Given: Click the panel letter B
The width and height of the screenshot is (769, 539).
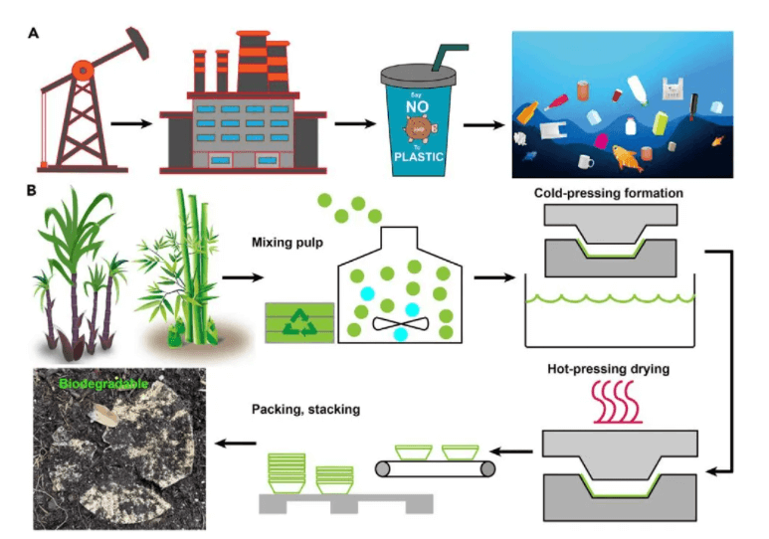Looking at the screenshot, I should (34, 189).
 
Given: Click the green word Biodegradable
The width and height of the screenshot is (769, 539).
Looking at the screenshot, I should (104, 383).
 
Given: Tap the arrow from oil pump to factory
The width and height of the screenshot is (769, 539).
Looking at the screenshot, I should (131, 124).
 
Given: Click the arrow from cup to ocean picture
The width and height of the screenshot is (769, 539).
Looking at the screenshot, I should (483, 125).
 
